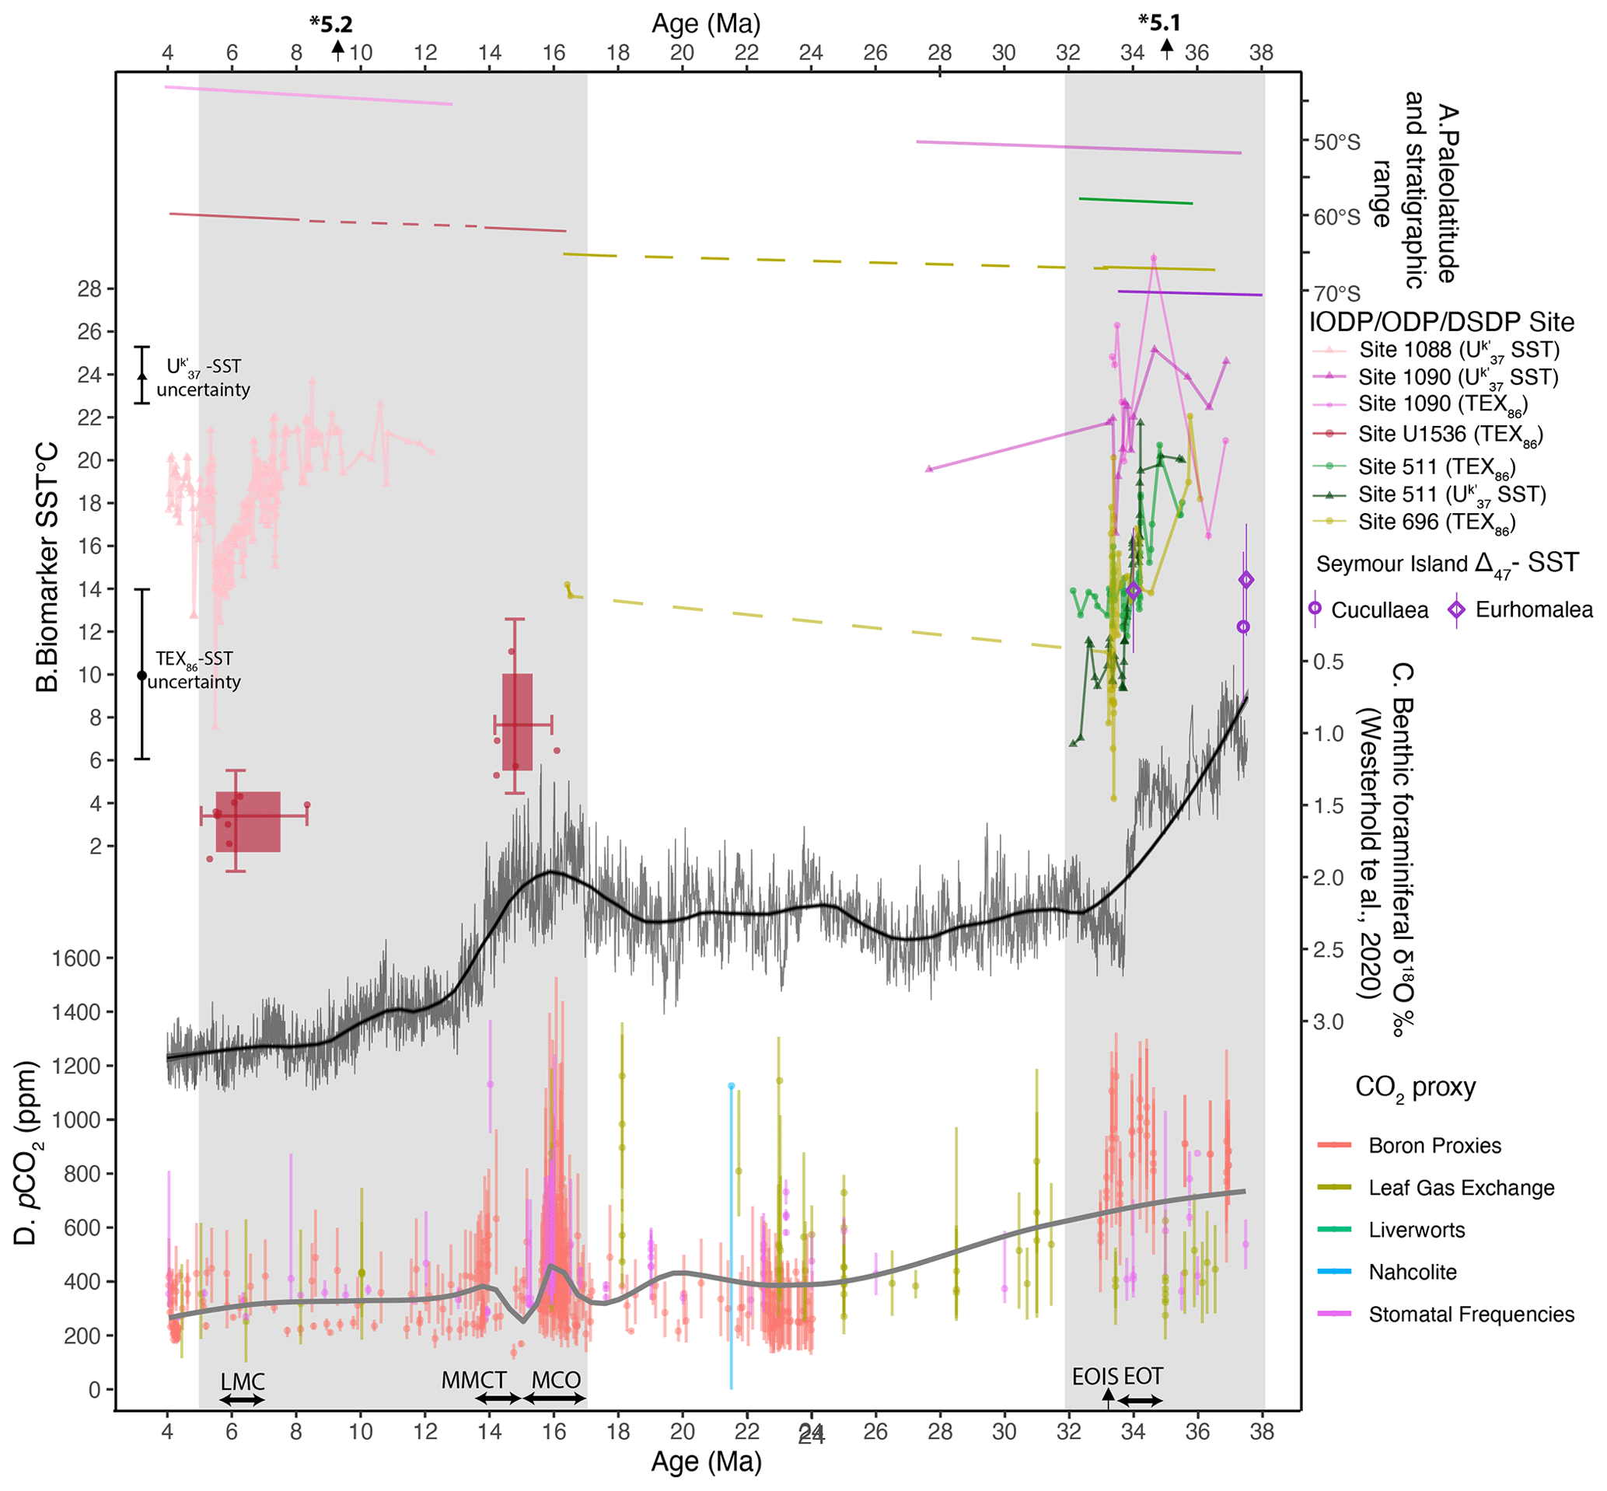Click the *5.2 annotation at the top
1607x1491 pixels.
[x=330, y=24]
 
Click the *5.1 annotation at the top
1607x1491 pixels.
[x=1159, y=23]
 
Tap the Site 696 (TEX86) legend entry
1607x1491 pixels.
[x=1436, y=522]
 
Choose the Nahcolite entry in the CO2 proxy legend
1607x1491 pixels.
[x=1412, y=1273]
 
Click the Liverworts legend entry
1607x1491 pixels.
[x=1416, y=1231]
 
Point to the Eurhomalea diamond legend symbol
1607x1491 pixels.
[x=1456, y=610]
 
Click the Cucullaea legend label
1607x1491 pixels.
[x=1379, y=610]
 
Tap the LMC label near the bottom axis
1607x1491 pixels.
[x=242, y=1382]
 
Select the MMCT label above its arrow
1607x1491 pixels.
[x=473, y=1381]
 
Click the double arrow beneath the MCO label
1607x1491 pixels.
[x=555, y=1399]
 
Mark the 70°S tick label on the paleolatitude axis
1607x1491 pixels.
[x=1336, y=293]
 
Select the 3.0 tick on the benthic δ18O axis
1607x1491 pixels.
[x=1328, y=1022]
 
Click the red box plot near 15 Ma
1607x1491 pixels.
[x=517, y=722]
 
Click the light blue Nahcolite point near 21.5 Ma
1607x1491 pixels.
[x=731, y=1086]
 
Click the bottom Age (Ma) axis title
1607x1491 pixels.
[x=706, y=1462]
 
